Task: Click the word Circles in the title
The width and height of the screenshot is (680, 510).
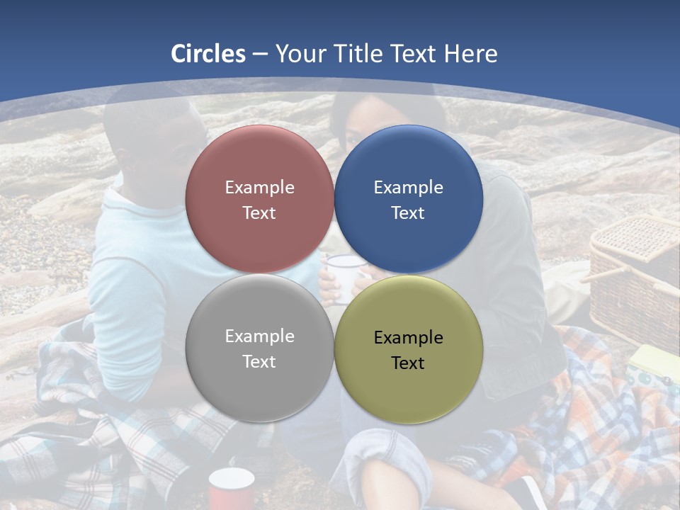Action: (208, 54)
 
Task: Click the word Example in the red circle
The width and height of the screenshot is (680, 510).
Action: (259, 188)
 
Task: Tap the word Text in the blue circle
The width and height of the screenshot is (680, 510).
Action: (408, 213)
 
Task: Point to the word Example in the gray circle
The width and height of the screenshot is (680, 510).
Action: (259, 336)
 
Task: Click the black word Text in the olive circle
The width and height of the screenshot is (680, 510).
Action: (408, 363)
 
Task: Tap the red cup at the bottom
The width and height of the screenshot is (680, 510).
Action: (231, 489)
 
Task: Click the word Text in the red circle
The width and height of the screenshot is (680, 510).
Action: (259, 213)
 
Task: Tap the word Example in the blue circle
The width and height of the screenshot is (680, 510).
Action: (408, 188)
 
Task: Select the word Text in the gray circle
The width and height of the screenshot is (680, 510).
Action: (259, 362)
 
